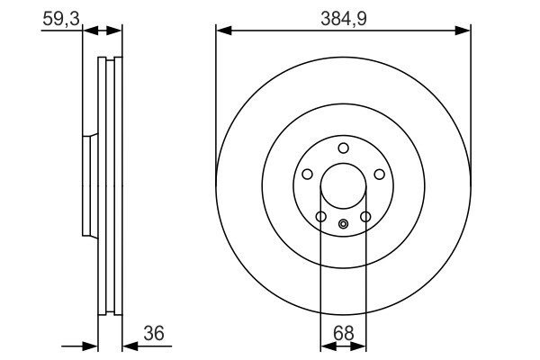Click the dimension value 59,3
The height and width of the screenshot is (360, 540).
[x=61, y=19]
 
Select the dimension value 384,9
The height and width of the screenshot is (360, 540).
[x=344, y=19]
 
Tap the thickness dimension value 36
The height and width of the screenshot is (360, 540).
[x=154, y=333]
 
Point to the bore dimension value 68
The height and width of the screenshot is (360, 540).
[x=344, y=333]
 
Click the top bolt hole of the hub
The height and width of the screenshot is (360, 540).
[x=344, y=148]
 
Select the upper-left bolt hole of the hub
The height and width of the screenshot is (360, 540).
[x=307, y=175]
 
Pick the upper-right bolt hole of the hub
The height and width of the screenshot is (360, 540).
[x=380, y=175]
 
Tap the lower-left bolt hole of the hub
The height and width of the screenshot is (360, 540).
[x=321, y=217]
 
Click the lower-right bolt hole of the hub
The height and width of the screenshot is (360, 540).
[x=365, y=217]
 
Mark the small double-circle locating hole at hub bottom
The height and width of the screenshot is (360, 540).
[x=344, y=224]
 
